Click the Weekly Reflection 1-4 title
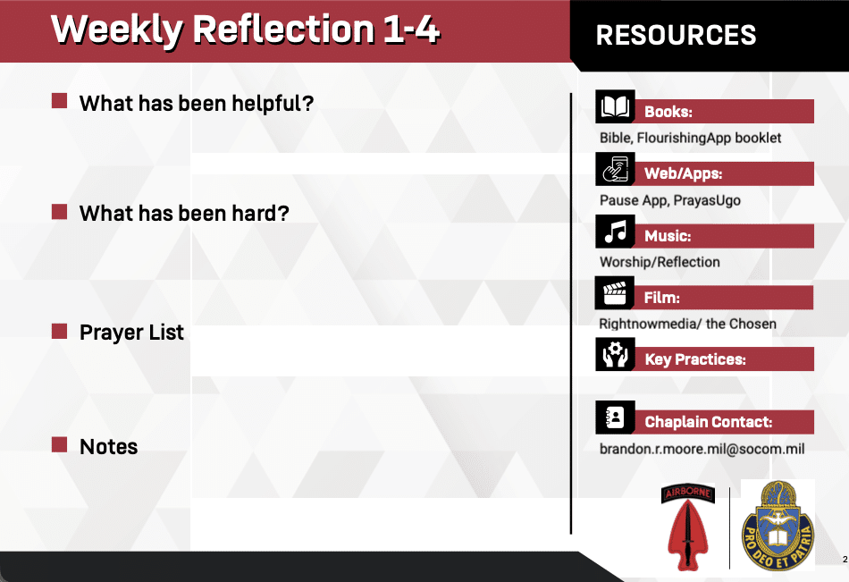click(245, 30)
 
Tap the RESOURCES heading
click(676, 35)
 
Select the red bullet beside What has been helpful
click(60, 101)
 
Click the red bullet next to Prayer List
click(60, 331)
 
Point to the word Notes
click(109, 446)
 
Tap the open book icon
click(615, 106)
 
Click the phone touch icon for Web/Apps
click(615, 169)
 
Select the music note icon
click(615, 232)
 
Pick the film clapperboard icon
click(615, 292)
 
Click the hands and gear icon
click(615, 354)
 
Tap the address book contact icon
click(615, 418)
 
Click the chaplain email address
click(702, 449)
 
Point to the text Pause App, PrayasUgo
click(669, 200)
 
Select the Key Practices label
click(695, 359)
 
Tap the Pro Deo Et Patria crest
click(778, 526)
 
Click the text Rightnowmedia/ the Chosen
click(687, 324)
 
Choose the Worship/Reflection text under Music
click(660, 262)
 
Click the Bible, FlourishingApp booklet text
click(690, 139)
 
